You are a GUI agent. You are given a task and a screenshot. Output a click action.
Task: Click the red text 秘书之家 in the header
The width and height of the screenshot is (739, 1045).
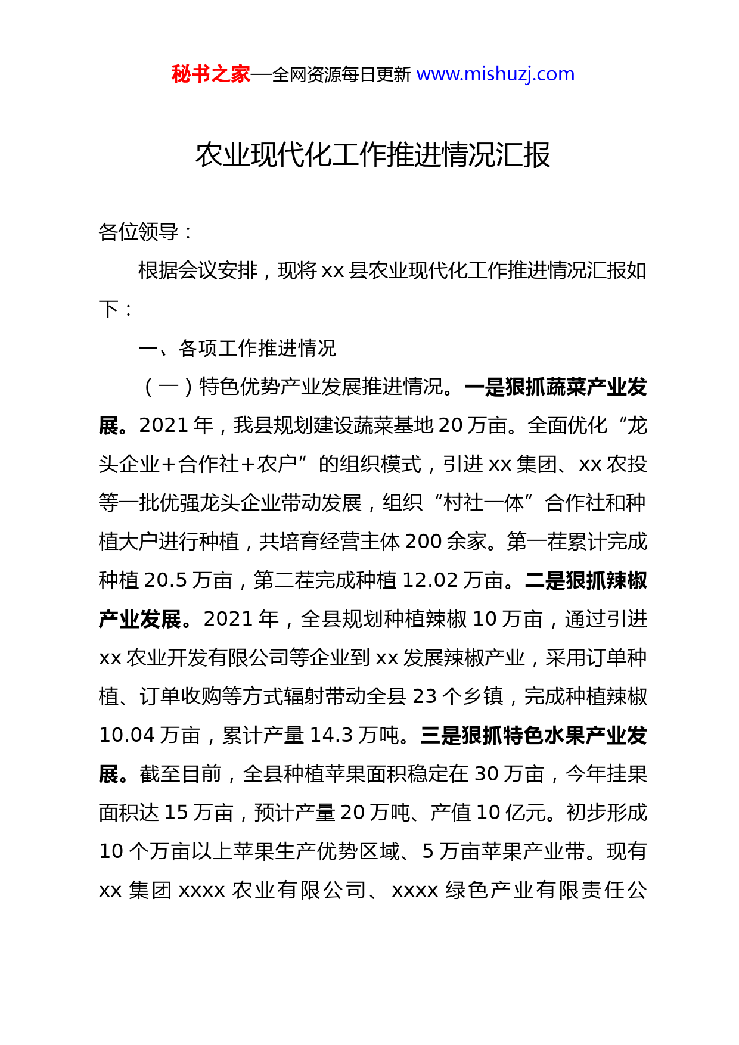210,74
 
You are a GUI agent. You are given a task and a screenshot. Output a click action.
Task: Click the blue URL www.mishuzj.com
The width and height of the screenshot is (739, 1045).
495,74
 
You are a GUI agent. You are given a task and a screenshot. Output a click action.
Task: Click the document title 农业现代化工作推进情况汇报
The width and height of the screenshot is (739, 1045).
372,155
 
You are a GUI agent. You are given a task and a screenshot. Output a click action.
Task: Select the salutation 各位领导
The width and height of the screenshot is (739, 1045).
138,232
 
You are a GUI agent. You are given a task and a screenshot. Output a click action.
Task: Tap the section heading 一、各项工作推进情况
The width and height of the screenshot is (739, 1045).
237,348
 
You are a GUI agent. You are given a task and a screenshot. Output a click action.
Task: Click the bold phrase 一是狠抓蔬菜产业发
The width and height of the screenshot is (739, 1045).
555,387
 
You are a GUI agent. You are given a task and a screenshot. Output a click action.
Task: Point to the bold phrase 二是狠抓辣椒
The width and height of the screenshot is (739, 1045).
586,580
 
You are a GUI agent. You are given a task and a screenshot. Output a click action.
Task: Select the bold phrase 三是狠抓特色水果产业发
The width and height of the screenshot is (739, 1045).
533,735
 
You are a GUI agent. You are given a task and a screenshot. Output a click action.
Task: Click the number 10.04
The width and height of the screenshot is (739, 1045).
127,735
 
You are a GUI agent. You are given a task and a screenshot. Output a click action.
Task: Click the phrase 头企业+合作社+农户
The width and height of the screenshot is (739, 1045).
198,464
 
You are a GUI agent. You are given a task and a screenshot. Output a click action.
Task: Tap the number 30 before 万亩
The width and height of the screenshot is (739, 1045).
486,774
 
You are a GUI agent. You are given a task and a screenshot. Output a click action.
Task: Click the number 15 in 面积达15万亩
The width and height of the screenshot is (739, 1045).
176,813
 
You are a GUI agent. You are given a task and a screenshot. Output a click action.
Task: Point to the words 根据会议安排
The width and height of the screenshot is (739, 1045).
198,270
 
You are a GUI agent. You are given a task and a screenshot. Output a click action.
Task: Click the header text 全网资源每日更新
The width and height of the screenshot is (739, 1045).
341,74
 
